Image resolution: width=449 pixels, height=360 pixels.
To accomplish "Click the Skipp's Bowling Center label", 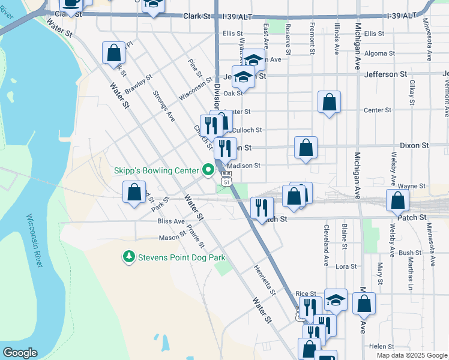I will (x=156, y=170).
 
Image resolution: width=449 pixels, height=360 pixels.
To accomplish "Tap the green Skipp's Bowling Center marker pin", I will (x=208, y=170).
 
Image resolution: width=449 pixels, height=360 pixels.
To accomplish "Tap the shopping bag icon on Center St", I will (x=329, y=103).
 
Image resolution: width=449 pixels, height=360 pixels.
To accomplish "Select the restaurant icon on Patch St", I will (x=262, y=208).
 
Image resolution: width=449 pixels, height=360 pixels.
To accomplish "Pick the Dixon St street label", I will (x=414, y=145).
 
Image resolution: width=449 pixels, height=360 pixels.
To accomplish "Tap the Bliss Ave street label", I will (x=171, y=221).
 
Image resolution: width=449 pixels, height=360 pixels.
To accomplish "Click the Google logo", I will (x=19, y=353).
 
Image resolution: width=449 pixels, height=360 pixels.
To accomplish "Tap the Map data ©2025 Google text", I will (x=412, y=355).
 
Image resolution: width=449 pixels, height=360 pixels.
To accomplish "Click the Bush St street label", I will (x=410, y=253).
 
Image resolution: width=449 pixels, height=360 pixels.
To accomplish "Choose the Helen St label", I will (x=381, y=346).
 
